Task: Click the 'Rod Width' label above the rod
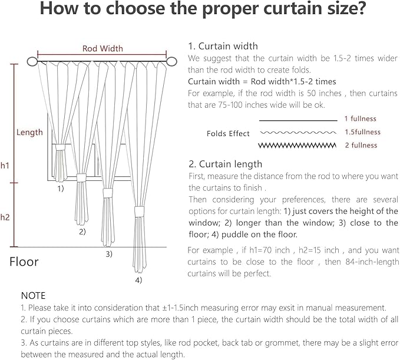103,48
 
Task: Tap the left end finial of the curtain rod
32,61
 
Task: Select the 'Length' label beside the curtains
29,132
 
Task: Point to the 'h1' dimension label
5,166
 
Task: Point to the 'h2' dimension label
5,217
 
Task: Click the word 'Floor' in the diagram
24,262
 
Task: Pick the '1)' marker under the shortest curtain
61,189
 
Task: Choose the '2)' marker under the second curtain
82,232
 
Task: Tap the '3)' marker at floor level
109,254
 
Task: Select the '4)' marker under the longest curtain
138,280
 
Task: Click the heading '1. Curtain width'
223,46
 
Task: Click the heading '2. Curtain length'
225,164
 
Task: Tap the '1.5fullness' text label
362,132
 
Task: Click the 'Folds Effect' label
228,134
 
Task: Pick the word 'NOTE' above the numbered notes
33,295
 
